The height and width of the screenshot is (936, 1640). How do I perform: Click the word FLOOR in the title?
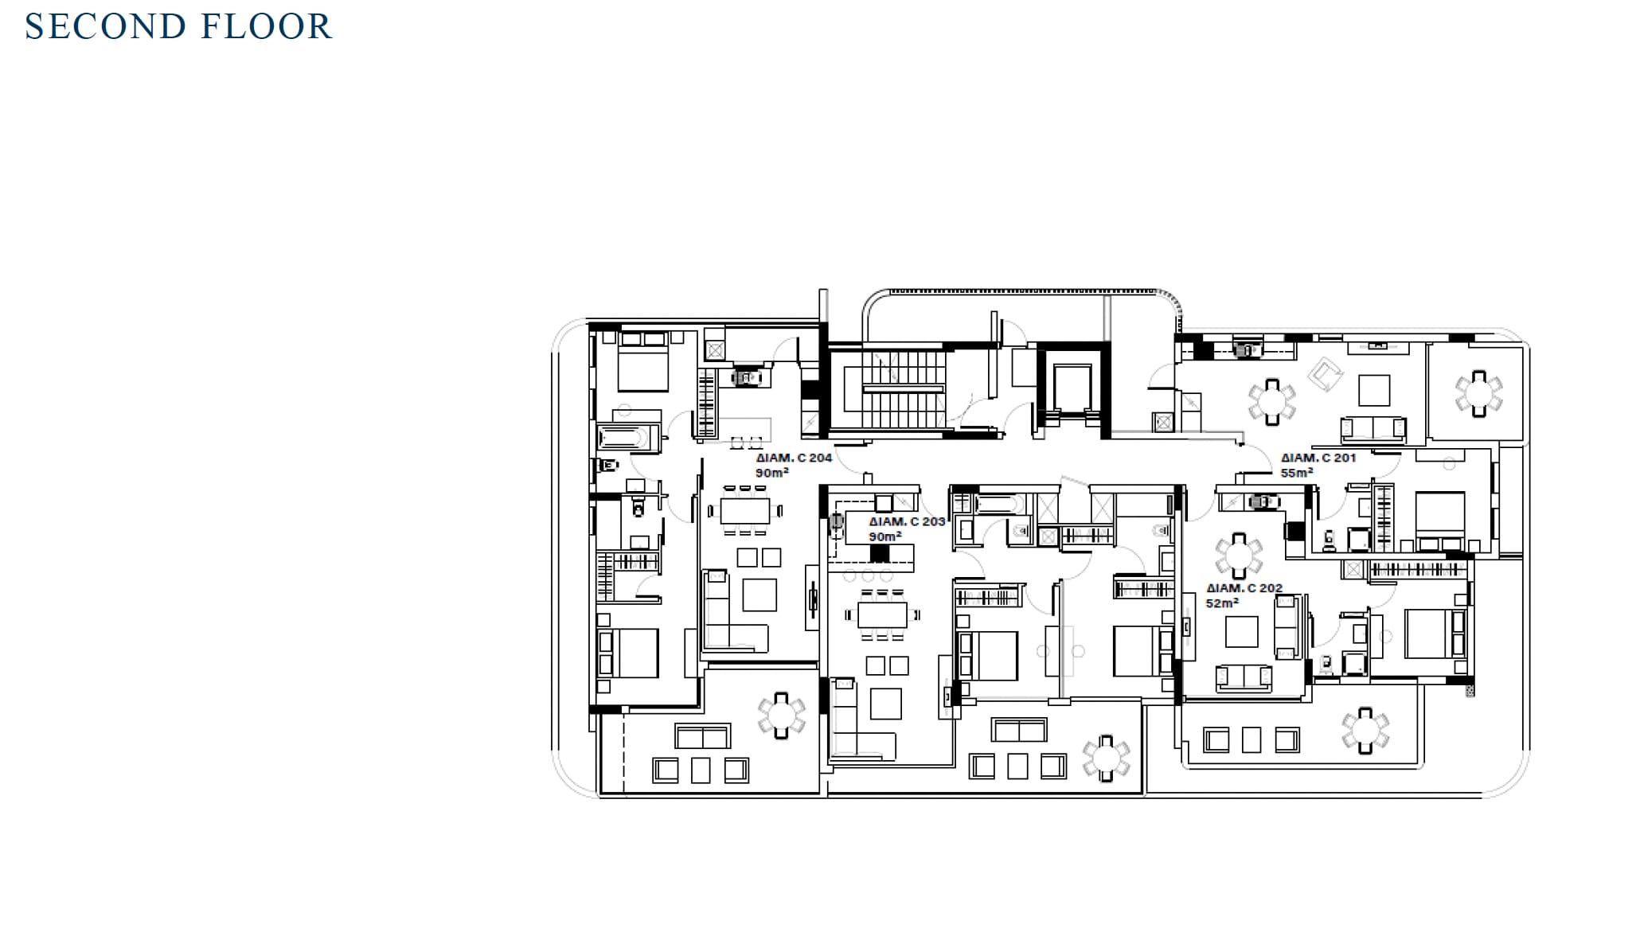(x=266, y=26)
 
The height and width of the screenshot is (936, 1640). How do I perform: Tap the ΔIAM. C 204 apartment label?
(x=794, y=458)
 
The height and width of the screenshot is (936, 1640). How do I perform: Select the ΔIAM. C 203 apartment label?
(x=907, y=521)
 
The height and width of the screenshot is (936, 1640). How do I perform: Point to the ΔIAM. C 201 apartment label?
(x=1318, y=458)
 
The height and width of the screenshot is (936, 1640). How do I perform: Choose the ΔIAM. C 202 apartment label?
(x=1244, y=588)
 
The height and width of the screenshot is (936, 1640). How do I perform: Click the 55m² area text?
(x=1297, y=473)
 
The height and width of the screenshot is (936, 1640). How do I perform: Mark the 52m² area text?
(x=1222, y=603)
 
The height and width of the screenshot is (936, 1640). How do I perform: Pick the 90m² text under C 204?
(x=771, y=473)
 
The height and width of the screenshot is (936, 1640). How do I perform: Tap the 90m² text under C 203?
(x=884, y=536)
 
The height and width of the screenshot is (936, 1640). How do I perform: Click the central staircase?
(x=903, y=389)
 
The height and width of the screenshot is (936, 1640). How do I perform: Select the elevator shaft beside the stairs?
(x=1072, y=389)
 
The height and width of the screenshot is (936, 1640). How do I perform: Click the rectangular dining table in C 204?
(x=745, y=510)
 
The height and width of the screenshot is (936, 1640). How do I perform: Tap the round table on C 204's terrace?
(x=781, y=715)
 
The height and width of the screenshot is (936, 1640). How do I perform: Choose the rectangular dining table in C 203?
(x=882, y=614)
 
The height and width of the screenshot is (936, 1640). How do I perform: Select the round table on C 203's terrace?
(x=1106, y=758)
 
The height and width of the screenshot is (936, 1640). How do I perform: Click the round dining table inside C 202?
(x=1239, y=556)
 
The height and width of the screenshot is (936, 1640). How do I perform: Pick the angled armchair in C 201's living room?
(x=1325, y=374)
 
